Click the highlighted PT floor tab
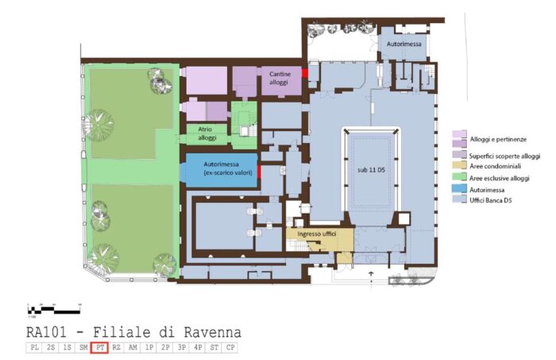point(99,348)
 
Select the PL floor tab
point(34,348)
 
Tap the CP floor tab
point(230,348)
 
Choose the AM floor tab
point(133,348)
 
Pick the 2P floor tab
point(165,348)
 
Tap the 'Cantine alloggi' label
point(279,78)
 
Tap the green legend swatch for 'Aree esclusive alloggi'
point(458,179)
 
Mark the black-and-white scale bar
point(53,308)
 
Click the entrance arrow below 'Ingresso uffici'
point(370,274)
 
